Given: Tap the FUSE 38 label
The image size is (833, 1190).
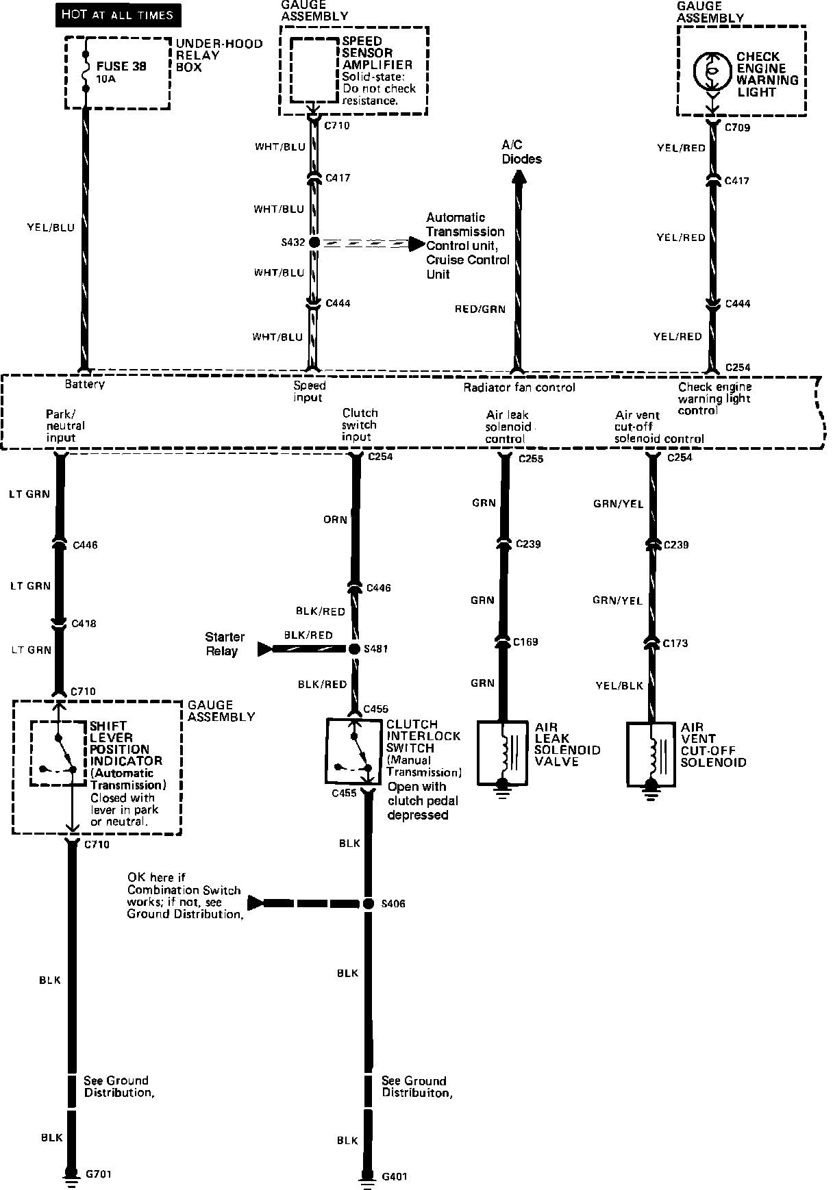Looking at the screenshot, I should point(121,66).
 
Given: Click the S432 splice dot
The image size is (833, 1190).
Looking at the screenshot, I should point(314,242).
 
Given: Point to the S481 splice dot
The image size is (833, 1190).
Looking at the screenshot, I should point(354,648).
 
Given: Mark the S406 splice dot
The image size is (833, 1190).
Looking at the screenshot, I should point(369,904).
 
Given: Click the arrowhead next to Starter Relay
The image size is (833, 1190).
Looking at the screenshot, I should point(264,648).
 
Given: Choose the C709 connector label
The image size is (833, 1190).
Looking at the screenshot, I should point(738,127).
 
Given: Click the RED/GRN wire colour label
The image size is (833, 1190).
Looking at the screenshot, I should point(480,309).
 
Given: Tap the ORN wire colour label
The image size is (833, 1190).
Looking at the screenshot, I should point(335,520).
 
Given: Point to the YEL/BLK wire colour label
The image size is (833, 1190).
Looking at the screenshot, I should point(619,685).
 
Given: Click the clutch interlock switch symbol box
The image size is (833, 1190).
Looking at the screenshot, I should point(355,750).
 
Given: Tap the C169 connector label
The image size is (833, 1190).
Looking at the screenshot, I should point(526,642).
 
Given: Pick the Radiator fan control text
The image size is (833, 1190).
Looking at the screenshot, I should point(519,388).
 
